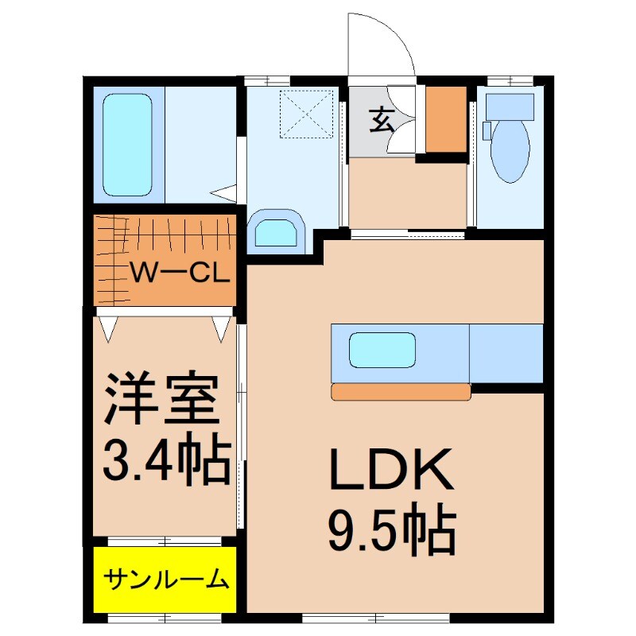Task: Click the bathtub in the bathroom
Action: tap(127, 143)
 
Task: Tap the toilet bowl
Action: tap(510, 151)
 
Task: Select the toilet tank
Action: tap(510, 106)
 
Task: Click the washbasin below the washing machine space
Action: tap(277, 233)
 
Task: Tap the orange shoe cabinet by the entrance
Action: tap(446, 118)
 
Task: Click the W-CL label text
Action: tap(180, 274)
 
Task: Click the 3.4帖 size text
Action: tap(167, 459)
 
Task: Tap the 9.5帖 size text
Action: tap(392, 530)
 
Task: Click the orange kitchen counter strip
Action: tap(401, 391)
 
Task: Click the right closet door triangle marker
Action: tap(222, 328)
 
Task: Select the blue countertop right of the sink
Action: tap(506, 353)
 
